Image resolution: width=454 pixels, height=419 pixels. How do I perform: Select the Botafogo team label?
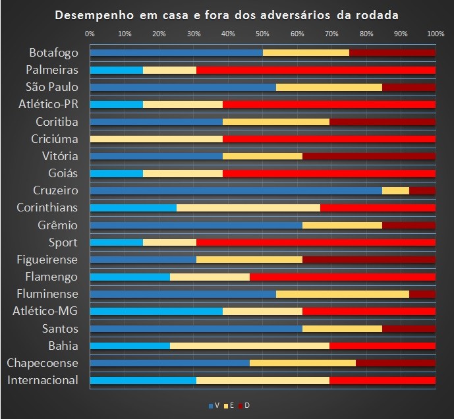coord(53,53)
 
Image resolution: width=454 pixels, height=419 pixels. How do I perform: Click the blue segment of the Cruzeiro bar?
coord(235,190)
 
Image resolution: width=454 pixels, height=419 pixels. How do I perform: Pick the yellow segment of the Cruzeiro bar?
coord(395,190)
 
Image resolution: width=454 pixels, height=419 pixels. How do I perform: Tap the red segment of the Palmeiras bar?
coord(316,70)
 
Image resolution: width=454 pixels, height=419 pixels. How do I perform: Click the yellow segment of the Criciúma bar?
coord(156,139)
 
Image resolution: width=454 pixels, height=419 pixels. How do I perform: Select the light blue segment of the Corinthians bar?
coord(133,208)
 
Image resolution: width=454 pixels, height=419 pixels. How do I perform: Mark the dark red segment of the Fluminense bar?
coord(422,294)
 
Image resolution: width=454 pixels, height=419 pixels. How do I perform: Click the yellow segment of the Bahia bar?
coord(250,345)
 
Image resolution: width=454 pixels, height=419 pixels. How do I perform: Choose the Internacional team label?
coord(43,380)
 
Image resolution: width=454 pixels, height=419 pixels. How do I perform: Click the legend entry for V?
coord(214,405)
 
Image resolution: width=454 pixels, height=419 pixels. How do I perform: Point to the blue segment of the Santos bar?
coord(196,328)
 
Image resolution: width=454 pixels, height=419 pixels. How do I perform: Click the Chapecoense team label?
coord(42,363)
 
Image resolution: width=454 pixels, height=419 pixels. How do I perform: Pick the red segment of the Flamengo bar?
coord(343,277)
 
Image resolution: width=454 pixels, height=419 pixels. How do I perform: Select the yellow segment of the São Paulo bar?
coord(329,87)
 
